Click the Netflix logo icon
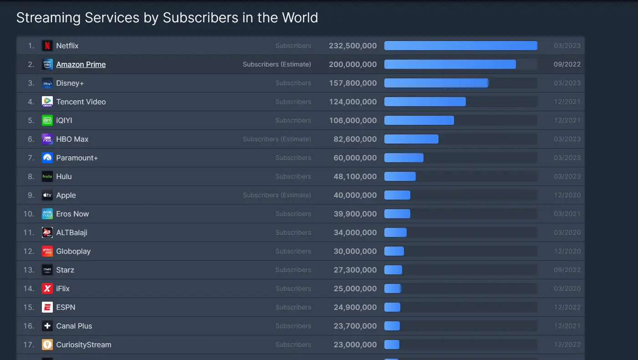[x=47, y=46]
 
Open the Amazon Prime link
[x=81, y=64]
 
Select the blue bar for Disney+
[x=436, y=83]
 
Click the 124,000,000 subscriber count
[x=352, y=102]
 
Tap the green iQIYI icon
[x=47, y=120]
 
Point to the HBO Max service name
[x=72, y=139]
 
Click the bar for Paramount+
[x=403, y=158]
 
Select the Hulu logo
[x=47, y=176]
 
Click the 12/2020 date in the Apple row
[x=567, y=195]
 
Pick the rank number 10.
[x=29, y=214]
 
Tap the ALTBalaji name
[x=71, y=232]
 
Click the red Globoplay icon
[x=47, y=251]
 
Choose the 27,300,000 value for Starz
[x=355, y=270]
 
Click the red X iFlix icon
[x=47, y=288]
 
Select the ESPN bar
[x=392, y=307]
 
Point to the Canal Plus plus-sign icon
[x=47, y=326]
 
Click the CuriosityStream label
[x=83, y=345]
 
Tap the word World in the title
[x=299, y=18]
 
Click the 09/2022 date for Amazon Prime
[x=567, y=64]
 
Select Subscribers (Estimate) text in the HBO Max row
[x=277, y=139]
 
